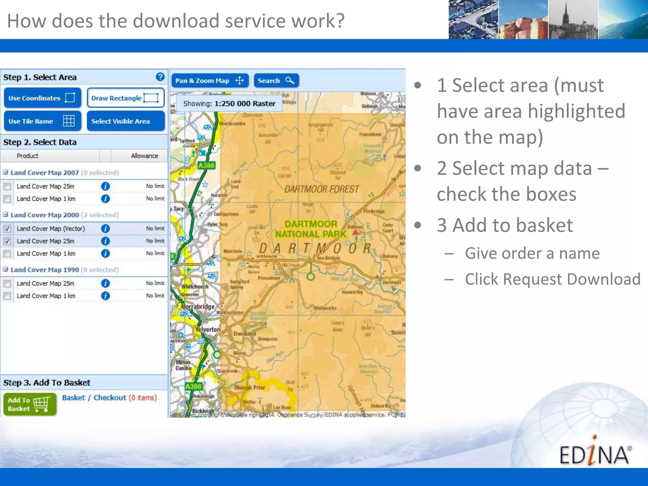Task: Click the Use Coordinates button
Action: pyautogui.click(x=42, y=98)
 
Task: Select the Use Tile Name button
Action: pyautogui.click(x=42, y=121)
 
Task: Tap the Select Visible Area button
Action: pyautogui.click(x=126, y=121)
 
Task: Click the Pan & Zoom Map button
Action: pyautogui.click(x=209, y=81)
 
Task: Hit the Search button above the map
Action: pyautogui.click(x=276, y=81)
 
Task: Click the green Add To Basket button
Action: pyautogui.click(x=30, y=404)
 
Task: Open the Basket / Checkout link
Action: pyautogui.click(x=94, y=398)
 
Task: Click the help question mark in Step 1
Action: pyautogui.click(x=160, y=77)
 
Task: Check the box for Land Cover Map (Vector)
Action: pyautogui.click(x=7, y=229)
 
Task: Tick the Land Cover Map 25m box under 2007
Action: pyautogui.click(x=7, y=186)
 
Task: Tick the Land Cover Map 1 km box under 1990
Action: pyautogui.click(x=7, y=296)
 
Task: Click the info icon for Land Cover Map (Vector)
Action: pyautogui.click(x=105, y=228)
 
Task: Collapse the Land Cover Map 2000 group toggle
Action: pyautogui.click(x=5, y=215)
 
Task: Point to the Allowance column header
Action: pyautogui.click(x=144, y=156)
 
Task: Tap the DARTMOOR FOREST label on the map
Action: pyautogui.click(x=321, y=189)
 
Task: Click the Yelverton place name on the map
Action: pyautogui.click(x=208, y=329)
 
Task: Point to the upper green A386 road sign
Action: pyautogui.click(x=206, y=165)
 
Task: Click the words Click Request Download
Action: pyautogui.click(x=552, y=279)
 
